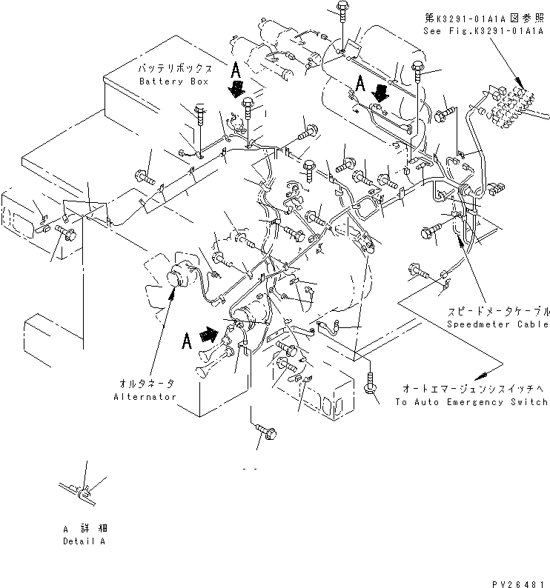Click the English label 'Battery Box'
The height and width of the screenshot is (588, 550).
click(173, 81)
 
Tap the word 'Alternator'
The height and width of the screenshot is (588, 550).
click(145, 397)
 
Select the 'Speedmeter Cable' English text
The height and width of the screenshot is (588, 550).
click(497, 324)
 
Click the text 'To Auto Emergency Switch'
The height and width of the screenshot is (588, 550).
click(471, 402)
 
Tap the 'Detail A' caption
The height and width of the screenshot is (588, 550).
click(84, 541)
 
